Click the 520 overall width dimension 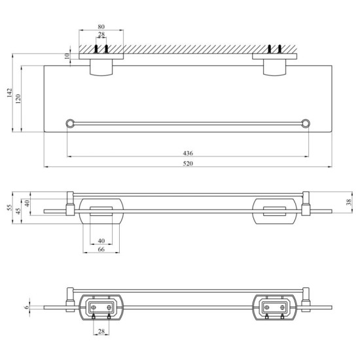pyautogui.click(x=188, y=163)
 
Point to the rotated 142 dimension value pyautogui.click(x=9, y=94)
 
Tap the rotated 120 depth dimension pyautogui.click(x=19, y=98)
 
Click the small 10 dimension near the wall pyautogui.click(x=67, y=57)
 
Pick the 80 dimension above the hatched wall pyautogui.click(x=101, y=27)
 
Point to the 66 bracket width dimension pyautogui.click(x=101, y=249)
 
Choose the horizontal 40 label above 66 pyautogui.click(x=101, y=240)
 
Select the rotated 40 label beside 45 pyautogui.click(x=28, y=204)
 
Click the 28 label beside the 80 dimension pyautogui.click(x=101, y=35)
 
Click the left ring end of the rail pyautogui.click(x=69, y=122)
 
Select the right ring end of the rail pyautogui.click(x=305, y=122)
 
